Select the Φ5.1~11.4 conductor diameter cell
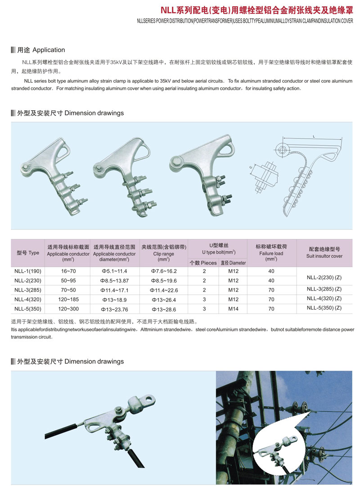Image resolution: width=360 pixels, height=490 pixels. [x=114, y=271]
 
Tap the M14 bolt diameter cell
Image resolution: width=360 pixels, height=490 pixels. [x=233, y=309]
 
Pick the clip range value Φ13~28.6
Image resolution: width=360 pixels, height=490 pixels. [x=164, y=310]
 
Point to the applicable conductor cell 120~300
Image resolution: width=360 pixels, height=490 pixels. [x=68, y=309]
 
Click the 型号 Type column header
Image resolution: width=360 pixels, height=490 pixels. [x=28, y=253]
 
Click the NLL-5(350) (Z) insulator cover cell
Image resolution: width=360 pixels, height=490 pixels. [x=324, y=308]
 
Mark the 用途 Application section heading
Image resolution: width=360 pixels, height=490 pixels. [x=41, y=50]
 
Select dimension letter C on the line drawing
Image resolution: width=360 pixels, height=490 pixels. [x=251, y=167]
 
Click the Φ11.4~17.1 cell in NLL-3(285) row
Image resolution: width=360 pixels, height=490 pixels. [x=114, y=290]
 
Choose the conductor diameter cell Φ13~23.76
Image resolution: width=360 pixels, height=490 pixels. [x=114, y=310]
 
